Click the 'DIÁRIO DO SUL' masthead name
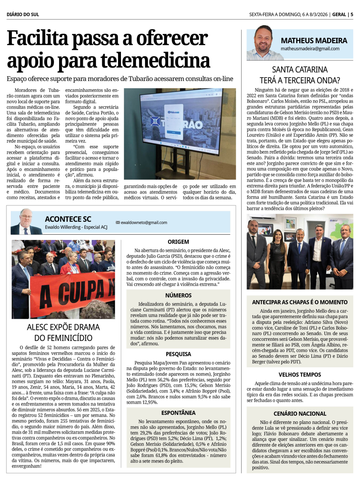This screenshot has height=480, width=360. pyautogui.click(x=23, y=14)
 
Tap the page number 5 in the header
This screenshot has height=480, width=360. pyautogui.click(x=352, y=14)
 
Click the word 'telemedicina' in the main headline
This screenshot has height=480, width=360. pyautogui.click(x=155, y=60)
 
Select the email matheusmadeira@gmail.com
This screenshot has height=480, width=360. pyautogui.click(x=310, y=49)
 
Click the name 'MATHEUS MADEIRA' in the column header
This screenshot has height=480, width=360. pyautogui.click(x=314, y=41)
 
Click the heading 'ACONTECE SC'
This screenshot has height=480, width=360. pyautogui.click(x=68, y=219)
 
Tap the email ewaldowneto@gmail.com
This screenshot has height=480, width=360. pyautogui.click(x=144, y=222)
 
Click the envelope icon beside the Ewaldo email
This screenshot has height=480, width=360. pyautogui.click(x=118, y=222)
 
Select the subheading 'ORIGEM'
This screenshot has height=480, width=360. pyautogui.click(x=178, y=242)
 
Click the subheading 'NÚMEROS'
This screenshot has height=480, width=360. pyautogui.click(x=178, y=295)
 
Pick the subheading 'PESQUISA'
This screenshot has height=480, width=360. pyautogui.click(x=178, y=354)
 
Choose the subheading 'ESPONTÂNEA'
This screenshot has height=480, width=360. pyautogui.click(x=178, y=413)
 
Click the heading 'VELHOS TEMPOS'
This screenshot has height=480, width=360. pyautogui.click(x=300, y=375)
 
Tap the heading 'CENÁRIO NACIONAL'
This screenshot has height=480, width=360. pyautogui.click(x=300, y=414)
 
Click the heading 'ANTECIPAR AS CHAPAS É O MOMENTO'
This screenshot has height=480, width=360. pyautogui.click(x=300, y=302)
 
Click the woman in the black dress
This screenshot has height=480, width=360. pyautogui.click(x=276, y=259)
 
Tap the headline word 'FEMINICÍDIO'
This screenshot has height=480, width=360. pyautogui.click(x=63, y=338)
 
